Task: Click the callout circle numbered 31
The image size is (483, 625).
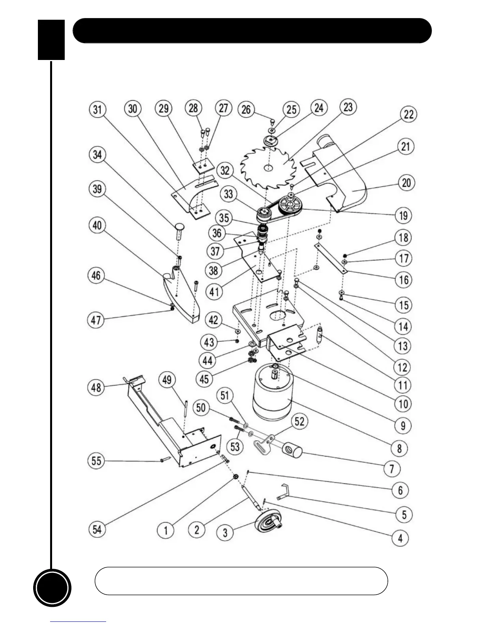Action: click(x=97, y=109)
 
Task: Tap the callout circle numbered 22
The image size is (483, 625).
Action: click(x=408, y=114)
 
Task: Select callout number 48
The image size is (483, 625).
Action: click(x=97, y=387)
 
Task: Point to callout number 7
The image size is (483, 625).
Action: click(x=392, y=468)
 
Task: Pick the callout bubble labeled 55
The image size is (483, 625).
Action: click(x=97, y=460)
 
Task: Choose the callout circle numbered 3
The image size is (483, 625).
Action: click(x=225, y=533)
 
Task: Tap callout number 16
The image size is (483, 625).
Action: click(x=403, y=280)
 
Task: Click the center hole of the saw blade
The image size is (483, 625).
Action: click(x=268, y=168)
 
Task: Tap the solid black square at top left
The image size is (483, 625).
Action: click(x=51, y=40)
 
